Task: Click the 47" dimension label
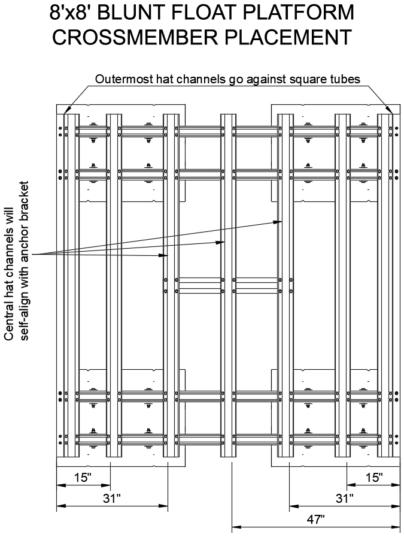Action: (x=314, y=518)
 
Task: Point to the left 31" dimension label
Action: (x=112, y=498)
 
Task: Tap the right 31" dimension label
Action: (x=344, y=498)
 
